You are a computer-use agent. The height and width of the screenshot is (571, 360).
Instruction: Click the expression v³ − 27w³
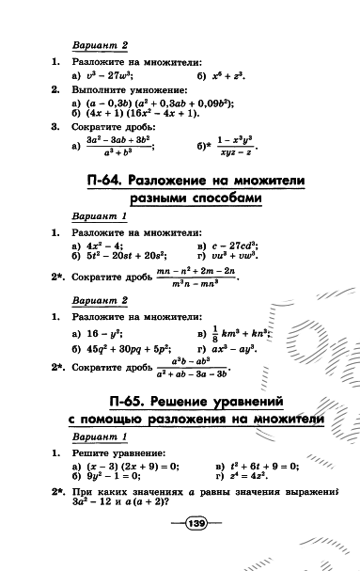[x=109, y=74]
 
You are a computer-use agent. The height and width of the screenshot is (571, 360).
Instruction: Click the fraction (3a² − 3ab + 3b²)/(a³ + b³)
[x=123, y=143]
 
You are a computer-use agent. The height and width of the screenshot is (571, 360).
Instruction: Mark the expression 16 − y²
[x=106, y=334]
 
